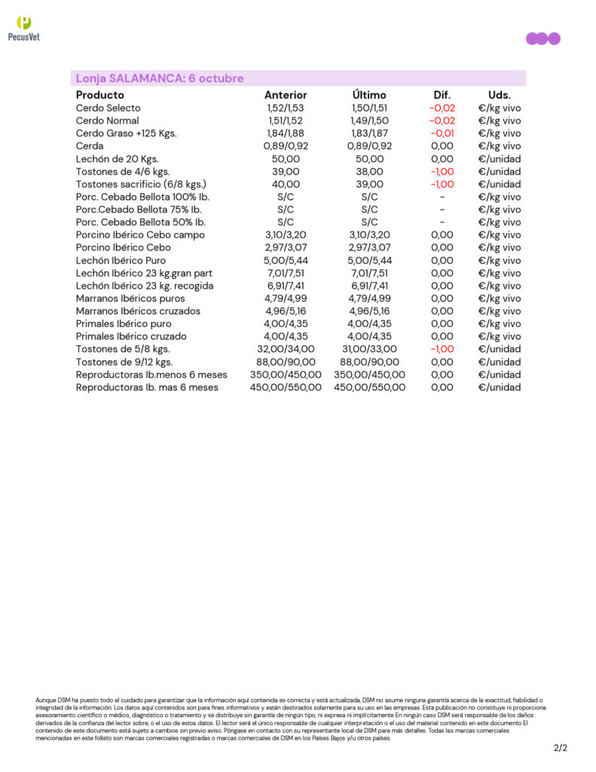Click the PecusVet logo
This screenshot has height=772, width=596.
(23, 28)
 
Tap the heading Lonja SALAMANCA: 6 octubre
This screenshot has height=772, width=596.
(160, 78)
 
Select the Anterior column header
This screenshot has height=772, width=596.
(286, 95)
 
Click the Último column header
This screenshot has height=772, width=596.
(369, 95)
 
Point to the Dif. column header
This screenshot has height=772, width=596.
(442, 95)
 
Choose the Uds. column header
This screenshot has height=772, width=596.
(499, 95)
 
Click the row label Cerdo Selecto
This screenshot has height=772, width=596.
(108, 108)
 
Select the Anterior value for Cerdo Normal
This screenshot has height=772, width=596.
(286, 121)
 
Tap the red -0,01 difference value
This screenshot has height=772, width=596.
(442, 133)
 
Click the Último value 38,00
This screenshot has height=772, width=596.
(369, 171)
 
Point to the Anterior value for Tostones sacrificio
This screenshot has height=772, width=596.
(286, 184)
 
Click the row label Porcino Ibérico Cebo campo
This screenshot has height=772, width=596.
(140, 235)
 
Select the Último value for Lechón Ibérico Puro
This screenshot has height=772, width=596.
(369, 260)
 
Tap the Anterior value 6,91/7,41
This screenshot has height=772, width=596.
(286, 286)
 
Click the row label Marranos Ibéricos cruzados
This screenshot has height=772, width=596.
(138, 311)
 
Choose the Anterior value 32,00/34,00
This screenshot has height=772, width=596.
(286, 349)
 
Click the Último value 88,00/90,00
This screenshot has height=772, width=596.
(369, 362)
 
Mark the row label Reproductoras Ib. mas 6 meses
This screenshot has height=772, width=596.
(147, 388)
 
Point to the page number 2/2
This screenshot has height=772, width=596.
(560, 748)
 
